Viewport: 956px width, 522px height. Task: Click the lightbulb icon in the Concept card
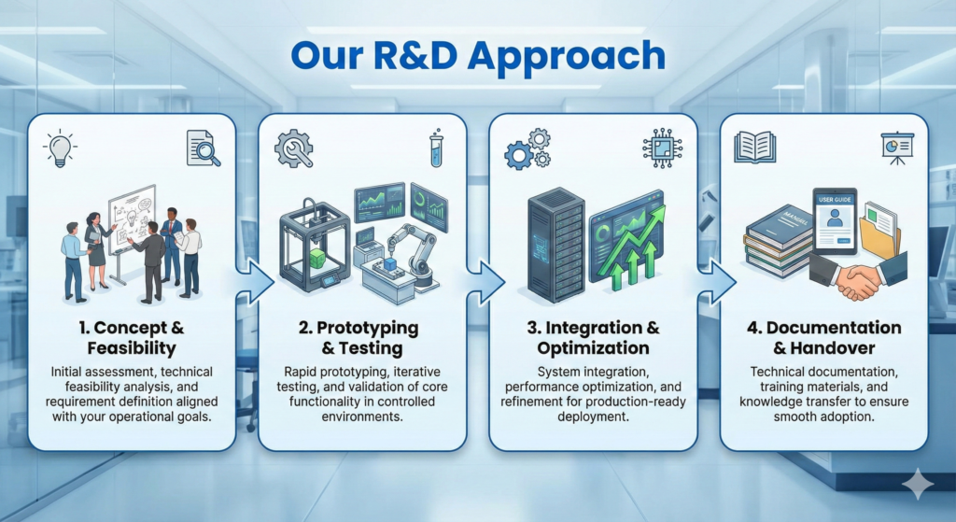pos(60,148)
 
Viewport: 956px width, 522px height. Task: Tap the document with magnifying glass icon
pos(203,148)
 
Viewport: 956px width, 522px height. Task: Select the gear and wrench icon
pos(294,148)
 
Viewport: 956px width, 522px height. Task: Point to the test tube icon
pos(437,148)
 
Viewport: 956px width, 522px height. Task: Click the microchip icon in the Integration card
pos(662,148)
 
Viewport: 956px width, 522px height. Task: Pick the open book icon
pos(754,148)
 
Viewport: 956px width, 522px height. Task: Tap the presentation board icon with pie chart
pos(897,148)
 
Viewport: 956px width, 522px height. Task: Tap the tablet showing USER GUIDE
pos(835,220)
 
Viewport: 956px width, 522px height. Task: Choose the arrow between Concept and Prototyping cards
pos(255,282)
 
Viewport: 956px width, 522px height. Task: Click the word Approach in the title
pos(567,57)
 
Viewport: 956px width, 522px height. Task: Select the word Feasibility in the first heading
pos(132,348)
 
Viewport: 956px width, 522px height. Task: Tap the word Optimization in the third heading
pos(593,348)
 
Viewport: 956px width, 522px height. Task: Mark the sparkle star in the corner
pos(918,485)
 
